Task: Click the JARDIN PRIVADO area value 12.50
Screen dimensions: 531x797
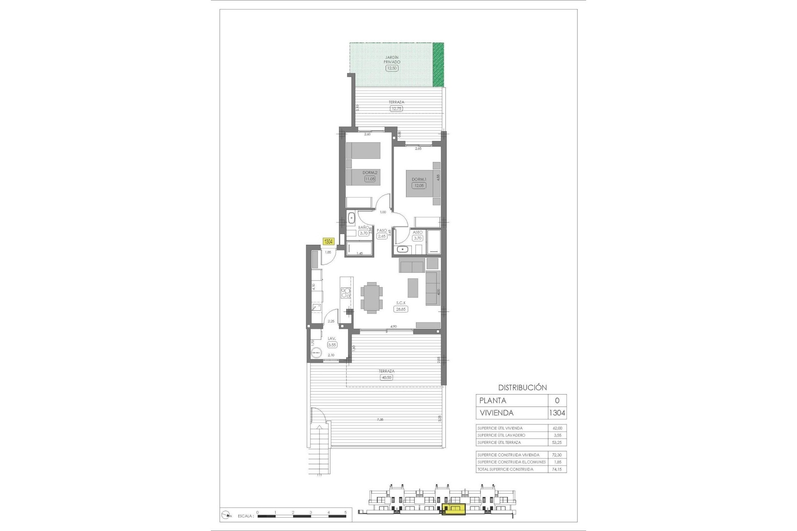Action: (x=391, y=68)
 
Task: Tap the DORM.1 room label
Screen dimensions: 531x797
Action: (x=418, y=179)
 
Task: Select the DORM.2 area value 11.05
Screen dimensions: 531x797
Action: (x=369, y=179)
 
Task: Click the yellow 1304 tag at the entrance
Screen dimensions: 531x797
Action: (x=328, y=241)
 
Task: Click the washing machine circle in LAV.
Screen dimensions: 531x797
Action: (x=316, y=352)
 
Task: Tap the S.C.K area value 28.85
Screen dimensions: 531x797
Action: (x=401, y=309)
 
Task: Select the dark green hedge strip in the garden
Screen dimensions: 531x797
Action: (x=438, y=65)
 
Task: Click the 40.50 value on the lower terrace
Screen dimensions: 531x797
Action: (x=386, y=378)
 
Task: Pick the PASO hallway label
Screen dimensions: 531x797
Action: (x=382, y=231)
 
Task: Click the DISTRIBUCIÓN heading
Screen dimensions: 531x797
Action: (x=522, y=387)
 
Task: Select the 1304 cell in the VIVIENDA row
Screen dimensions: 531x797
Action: (x=557, y=413)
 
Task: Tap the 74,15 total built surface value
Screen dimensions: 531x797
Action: (x=557, y=469)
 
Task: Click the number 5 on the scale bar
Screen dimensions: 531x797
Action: (x=345, y=513)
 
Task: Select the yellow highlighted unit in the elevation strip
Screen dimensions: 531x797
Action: (x=453, y=509)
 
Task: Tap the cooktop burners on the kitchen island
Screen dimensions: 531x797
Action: (x=345, y=294)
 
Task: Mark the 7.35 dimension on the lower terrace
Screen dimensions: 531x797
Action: (x=380, y=420)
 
